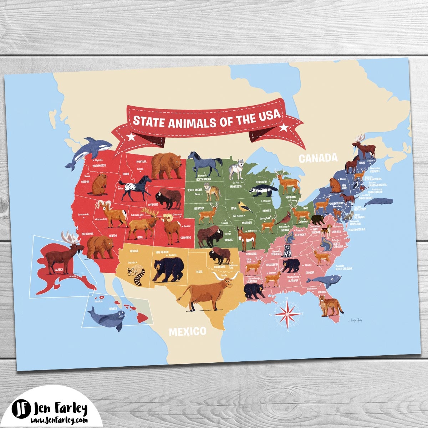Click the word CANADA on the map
317,158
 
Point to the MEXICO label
188,331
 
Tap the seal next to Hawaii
107,317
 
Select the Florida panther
330,306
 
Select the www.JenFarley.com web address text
60,420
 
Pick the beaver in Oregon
99,184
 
